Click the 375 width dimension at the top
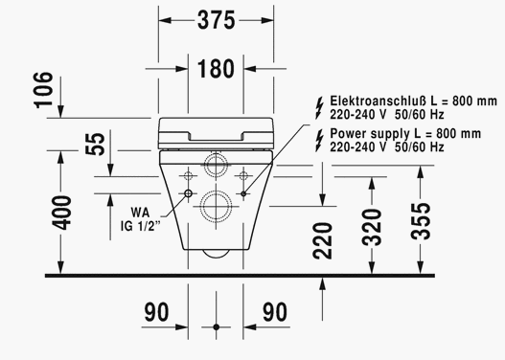click(217, 20)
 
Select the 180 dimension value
click(216, 69)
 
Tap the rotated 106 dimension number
click(43, 90)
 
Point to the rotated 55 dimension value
click(95, 144)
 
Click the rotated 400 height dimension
click(61, 213)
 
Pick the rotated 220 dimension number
click(322, 240)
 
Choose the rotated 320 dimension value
click(372, 227)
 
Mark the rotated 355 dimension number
click(421, 221)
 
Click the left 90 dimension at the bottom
click(156, 312)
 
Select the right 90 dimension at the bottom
click(275, 312)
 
